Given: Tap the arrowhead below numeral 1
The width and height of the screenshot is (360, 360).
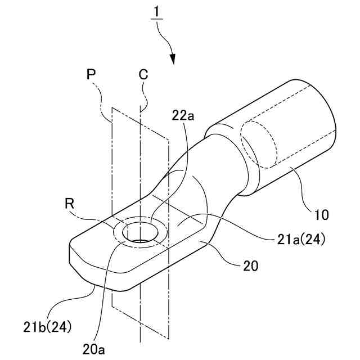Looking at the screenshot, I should click(x=173, y=58).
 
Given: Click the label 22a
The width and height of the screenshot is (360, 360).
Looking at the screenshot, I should click(x=183, y=115).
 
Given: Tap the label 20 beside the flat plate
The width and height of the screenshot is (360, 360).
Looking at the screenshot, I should click(x=251, y=267).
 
